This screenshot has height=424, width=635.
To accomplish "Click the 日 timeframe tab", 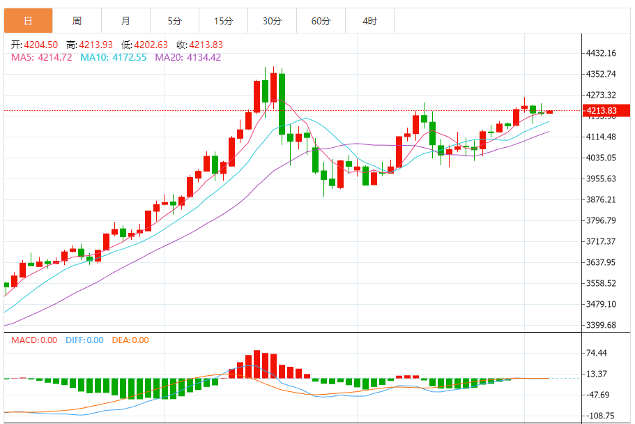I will (x=28, y=21).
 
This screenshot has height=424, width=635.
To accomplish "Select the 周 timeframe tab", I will (x=77, y=21).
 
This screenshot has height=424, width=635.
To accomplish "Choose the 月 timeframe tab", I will (x=125, y=21).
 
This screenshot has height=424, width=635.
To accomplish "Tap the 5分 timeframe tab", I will (x=174, y=21).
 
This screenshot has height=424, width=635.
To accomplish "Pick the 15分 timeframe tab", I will (x=223, y=21).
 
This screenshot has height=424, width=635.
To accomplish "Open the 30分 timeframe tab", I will (x=272, y=21).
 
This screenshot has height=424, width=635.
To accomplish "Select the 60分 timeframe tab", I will (x=321, y=21).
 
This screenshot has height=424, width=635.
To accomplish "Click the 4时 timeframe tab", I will (x=369, y=21).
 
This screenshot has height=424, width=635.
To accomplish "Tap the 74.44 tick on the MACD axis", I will (x=597, y=353).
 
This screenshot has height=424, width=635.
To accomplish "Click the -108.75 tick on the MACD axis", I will (x=599, y=416).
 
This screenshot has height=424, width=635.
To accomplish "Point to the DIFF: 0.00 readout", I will (x=84, y=340).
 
